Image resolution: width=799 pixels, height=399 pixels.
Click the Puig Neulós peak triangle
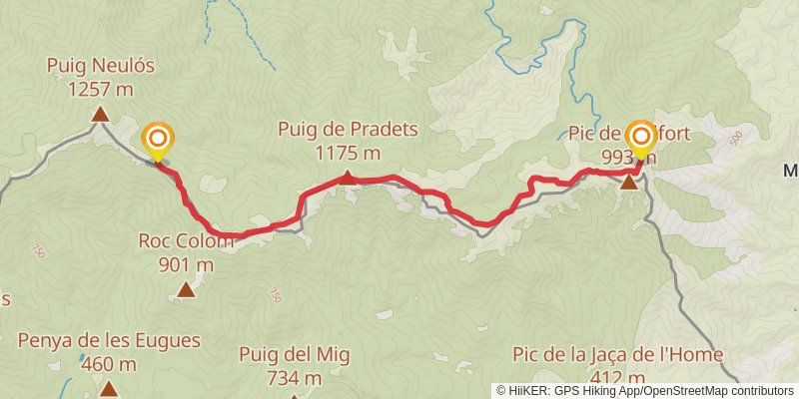pyautogui.click(x=100, y=115)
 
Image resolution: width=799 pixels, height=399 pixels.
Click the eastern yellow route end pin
pyautogui.click(x=640, y=139)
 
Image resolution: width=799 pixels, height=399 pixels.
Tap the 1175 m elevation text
pyautogui.click(x=348, y=153)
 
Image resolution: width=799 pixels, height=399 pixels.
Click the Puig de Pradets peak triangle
pyautogui.click(x=347, y=178)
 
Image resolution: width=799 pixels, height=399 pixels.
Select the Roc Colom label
pyautogui.click(x=186, y=241)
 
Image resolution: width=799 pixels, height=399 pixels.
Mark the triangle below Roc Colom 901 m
pyautogui.click(x=186, y=289)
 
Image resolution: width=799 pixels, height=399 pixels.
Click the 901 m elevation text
pyautogui.click(x=186, y=264)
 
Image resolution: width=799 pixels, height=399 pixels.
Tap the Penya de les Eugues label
pyautogui.click(x=109, y=340)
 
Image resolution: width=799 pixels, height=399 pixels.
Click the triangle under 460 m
pyautogui.click(x=109, y=388)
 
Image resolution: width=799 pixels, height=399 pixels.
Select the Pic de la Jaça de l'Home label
pyautogui.click(x=617, y=354)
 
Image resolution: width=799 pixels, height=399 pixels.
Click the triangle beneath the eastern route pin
pyautogui.click(x=629, y=183)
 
